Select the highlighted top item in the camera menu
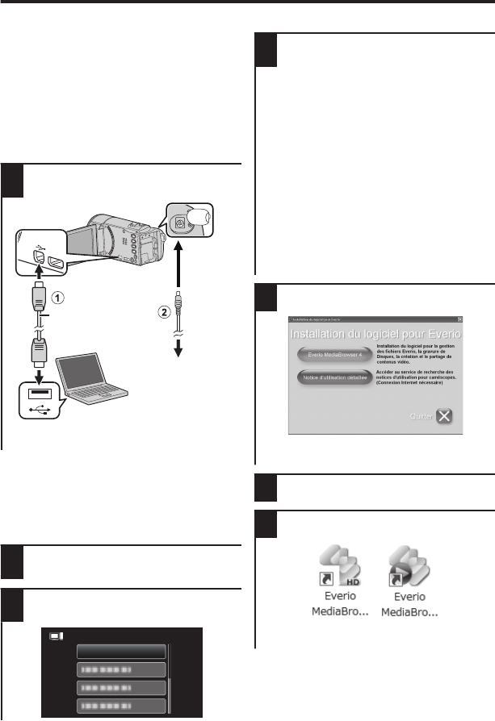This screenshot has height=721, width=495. coord(121,652)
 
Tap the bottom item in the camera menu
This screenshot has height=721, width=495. coord(121,706)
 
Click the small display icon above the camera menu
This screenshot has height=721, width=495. coord(56,636)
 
